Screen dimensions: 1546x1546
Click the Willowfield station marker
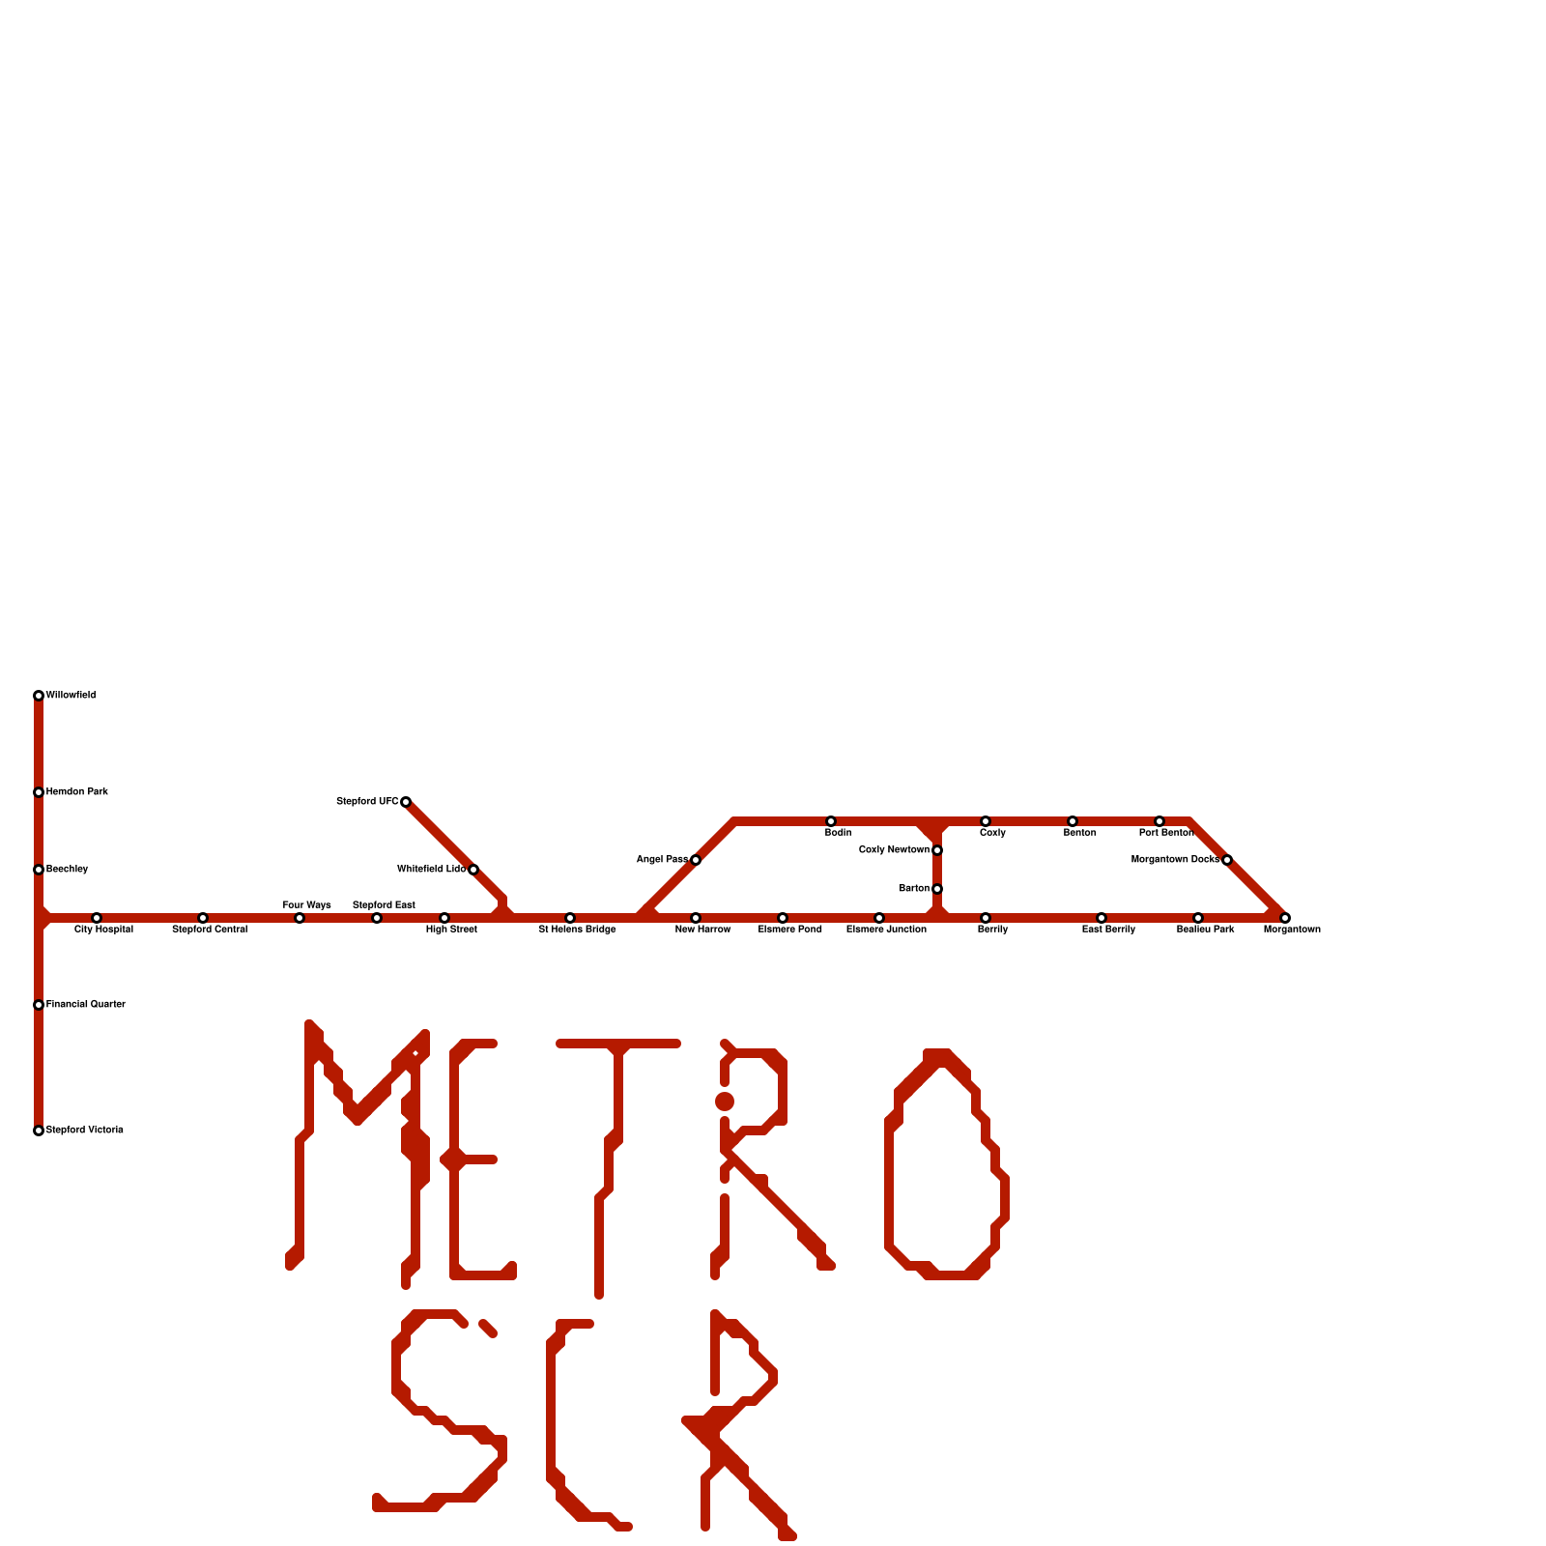point(39,696)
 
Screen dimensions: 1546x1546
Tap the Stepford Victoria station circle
point(39,1131)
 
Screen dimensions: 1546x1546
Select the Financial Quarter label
point(86,1005)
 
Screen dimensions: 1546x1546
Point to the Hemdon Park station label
point(77,792)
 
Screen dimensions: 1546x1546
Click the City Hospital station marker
point(97,918)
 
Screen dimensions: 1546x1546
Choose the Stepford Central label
point(210,930)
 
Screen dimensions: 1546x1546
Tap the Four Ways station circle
point(300,918)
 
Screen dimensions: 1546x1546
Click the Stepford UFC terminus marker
point(406,802)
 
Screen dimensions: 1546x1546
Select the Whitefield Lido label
point(431,870)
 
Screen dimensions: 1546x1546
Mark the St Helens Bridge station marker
point(570,918)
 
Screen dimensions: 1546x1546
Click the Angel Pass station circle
point(696,860)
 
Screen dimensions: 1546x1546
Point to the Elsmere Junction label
point(886,930)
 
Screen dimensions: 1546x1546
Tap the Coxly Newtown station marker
point(937,850)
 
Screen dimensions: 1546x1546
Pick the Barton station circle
point(937,889)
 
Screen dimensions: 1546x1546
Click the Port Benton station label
point(1166,833)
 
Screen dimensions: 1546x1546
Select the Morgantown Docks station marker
point(1227,860)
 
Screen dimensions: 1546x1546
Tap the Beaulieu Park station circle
point(1198,918)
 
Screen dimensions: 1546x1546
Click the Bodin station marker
point(831,821)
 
